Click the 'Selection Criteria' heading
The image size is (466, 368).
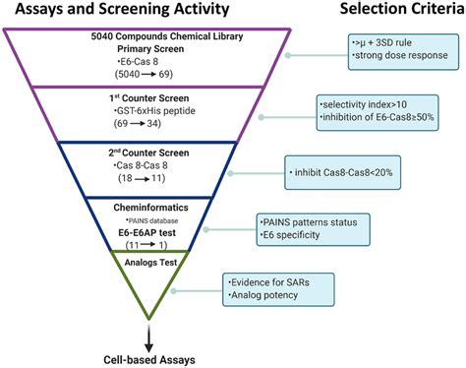pos(395,10)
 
